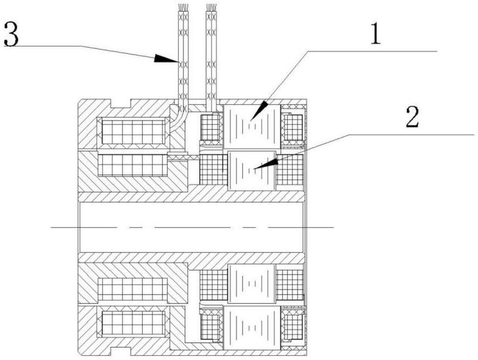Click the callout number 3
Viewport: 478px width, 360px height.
click(x=11, y=35)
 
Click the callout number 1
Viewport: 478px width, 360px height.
click(x=375, y=33)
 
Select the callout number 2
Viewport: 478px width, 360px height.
click(x=412, y=117)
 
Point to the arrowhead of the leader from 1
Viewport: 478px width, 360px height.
click(x=259, y=111)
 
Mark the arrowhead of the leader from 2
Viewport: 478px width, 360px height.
click(x=266, y=163)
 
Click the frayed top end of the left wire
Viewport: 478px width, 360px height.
click(x=183, y=7)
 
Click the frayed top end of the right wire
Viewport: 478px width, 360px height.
click(x=212, y=7)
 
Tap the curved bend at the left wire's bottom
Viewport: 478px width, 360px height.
click(x=178, y=121)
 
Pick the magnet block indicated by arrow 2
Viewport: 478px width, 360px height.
click(x=252, y=170)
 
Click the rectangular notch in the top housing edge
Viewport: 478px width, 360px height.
click(x=121, y=103)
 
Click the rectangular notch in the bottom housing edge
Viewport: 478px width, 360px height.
click(x=121, y=351)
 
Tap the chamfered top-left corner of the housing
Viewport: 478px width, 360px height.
click(x=80, y=102)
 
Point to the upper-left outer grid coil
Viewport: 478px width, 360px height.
click(x=133, y=132)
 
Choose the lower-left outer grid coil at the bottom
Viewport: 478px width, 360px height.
click(x=133, y=324)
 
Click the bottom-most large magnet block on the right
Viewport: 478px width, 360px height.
click(x=252, y=328)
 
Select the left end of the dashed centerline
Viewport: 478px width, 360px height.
click(x=51, y=227)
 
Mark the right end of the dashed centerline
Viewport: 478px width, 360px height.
click(x=333, y=227)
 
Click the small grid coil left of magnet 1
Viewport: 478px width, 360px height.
click(x=210, y=127)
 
